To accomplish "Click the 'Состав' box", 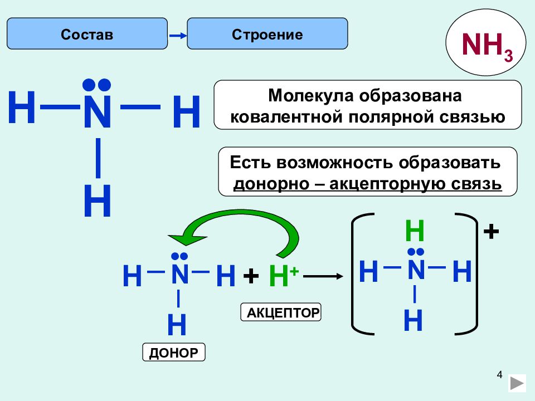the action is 87,34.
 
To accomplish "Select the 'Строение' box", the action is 267,34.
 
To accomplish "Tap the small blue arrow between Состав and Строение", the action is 178,36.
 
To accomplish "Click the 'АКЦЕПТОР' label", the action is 281,312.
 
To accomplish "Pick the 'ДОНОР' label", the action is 174,352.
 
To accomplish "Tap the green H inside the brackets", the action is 415,231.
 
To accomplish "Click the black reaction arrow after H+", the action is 323,276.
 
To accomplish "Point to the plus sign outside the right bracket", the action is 491,232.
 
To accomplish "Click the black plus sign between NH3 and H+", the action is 251,276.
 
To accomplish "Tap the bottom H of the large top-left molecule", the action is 97,200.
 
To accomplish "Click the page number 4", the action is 499,375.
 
